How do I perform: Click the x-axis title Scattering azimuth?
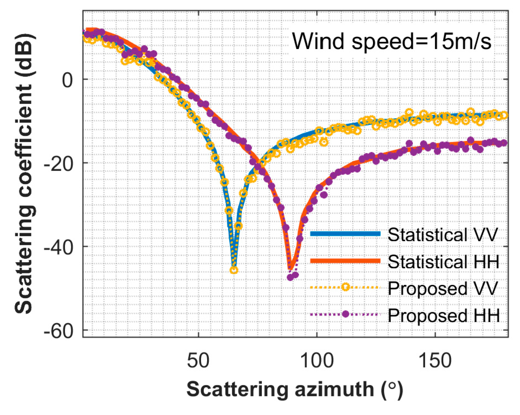point(295,389)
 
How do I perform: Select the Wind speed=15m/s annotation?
point(392,41)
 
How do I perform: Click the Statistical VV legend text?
point(443,234)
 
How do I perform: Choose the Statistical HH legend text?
point(443,261)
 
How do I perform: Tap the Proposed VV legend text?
point(443,288)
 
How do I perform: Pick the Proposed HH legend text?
point(443,315)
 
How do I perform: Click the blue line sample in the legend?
point(345,234)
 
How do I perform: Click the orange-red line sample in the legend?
point(345,261)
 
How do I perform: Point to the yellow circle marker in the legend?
point(345,287)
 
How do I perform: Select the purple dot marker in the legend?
point(345,314)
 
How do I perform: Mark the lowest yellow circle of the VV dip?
point(234,270)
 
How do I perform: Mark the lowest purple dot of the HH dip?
point(290,277)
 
